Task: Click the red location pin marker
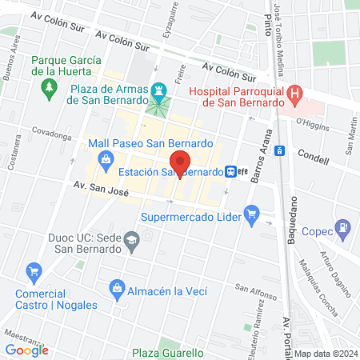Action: [x=180, y=162]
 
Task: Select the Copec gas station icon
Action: [x=342, y=227]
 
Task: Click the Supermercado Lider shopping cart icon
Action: [x=254, y=214]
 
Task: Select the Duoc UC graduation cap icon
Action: [x=132, y=238]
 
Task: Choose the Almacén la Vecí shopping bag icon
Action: [x=117, y=287]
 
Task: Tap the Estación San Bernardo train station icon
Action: [x=231, y=171]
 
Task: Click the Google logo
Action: [x=27, y=350]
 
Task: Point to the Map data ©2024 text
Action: [x=325, y=354]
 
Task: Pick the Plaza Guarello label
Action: [x=168, y=353]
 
